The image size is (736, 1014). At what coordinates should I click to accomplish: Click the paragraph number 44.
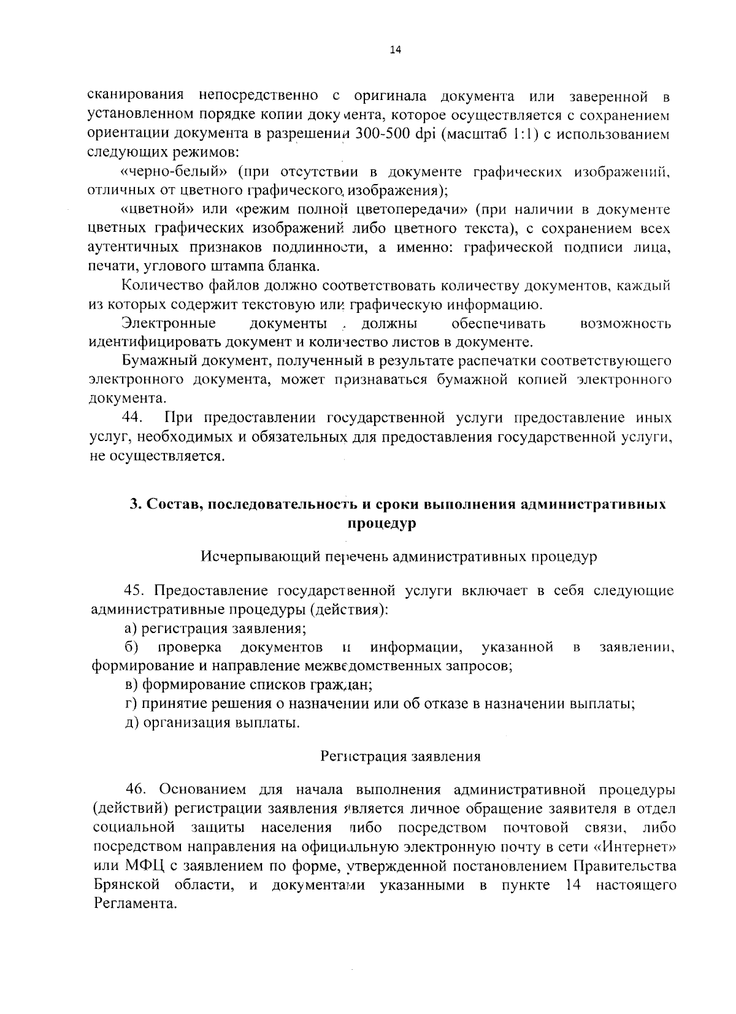pos(133,418)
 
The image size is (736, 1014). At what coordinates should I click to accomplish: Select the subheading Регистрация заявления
pos(401,756)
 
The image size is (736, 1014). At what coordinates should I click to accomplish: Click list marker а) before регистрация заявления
pos(129,629)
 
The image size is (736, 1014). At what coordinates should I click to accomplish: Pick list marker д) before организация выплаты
pos(129,723)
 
